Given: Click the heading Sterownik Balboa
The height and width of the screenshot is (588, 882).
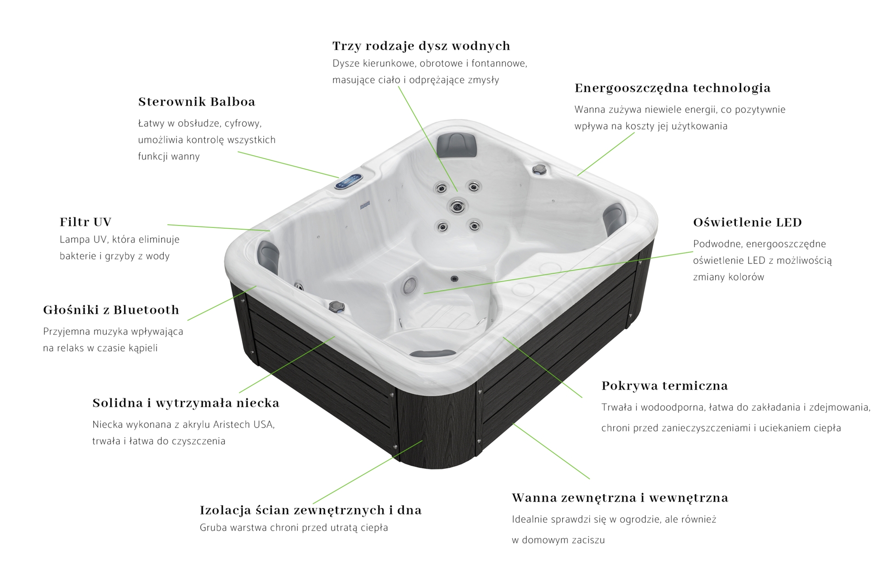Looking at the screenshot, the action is click(197, 102).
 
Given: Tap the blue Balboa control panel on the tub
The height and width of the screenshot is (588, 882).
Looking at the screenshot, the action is click(349, 181).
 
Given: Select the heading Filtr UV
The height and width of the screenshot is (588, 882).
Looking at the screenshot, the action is click(85, 222).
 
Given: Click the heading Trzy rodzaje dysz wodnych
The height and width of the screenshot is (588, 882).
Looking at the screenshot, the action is click(421, 46).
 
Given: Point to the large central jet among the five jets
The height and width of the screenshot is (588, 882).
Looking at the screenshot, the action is click(457, 206).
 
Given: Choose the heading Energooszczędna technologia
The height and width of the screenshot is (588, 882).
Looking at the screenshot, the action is click(673, 89).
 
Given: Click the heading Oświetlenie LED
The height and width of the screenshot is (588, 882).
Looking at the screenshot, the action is click(747, 222).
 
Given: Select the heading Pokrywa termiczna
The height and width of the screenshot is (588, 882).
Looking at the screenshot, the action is click(665, 386).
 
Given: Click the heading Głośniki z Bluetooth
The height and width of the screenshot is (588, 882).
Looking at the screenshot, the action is click(111, 310).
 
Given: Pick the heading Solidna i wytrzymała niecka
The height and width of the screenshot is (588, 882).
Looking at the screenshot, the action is click(186, 403).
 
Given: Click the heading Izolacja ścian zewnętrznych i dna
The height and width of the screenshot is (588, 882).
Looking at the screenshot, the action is click(311, 510).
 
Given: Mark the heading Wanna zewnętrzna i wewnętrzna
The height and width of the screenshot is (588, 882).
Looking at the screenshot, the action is click(620, 498).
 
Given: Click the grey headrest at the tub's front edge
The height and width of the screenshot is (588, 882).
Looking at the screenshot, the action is click(433, 353).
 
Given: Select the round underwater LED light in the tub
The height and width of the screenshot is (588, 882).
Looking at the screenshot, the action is click(409, 286).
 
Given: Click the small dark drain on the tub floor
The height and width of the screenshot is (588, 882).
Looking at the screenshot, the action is click(454, 278).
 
